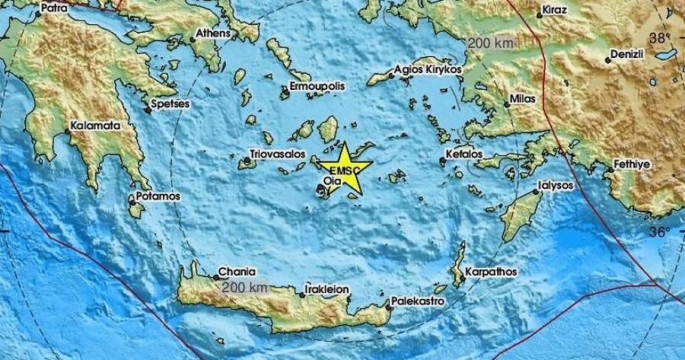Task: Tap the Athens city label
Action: tap(212, 33)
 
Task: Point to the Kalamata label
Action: tap(94, 125)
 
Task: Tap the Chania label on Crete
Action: tap(236, 270)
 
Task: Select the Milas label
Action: tap(524, 99)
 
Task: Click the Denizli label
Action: tap(632, 56)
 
